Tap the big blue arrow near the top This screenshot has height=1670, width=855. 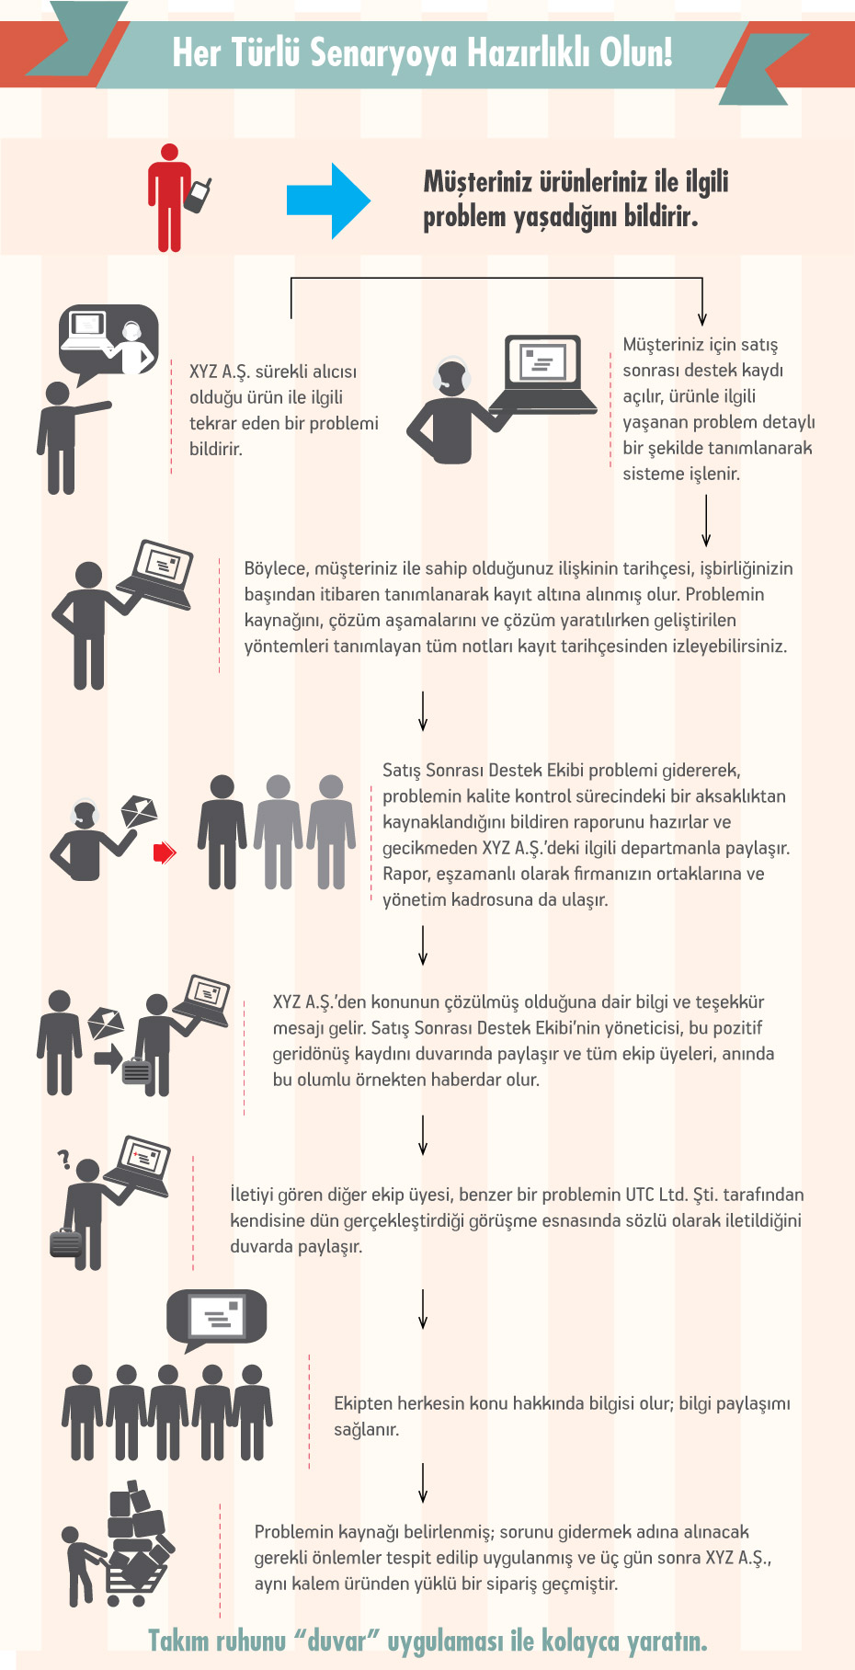pos(328,200)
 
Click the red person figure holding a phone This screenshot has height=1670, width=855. pos(169,198)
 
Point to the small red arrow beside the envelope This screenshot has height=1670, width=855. pos(164,852)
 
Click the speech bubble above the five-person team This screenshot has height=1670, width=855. pos(216,1317)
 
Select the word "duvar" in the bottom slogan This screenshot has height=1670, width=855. pos(337,1641)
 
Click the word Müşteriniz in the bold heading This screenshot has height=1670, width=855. pos(477,182)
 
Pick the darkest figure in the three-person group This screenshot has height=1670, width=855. pos(222,831)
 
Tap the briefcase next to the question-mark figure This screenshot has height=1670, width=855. pos(66,1242)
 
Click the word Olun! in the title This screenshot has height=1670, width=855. pos(636,53)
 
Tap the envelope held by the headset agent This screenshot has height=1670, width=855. pos(140,810)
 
